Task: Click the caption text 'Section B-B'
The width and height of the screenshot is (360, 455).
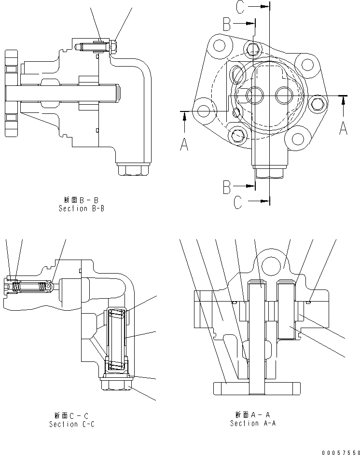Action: click(x=82, y=209)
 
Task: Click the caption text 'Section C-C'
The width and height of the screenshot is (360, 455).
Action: click(x=72, y=424)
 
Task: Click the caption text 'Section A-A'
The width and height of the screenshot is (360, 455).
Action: click(x=252, y=423)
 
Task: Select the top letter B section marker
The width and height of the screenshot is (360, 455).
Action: click(x=228, y=23)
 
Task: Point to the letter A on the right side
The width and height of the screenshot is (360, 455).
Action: click(x=344, y=128)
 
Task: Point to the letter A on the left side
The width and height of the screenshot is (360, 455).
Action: click(x=184, y=143)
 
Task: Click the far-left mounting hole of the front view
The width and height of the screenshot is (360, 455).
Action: click(x=203, y=110)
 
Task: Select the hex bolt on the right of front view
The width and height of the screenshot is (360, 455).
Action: click(x=317, y=103)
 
